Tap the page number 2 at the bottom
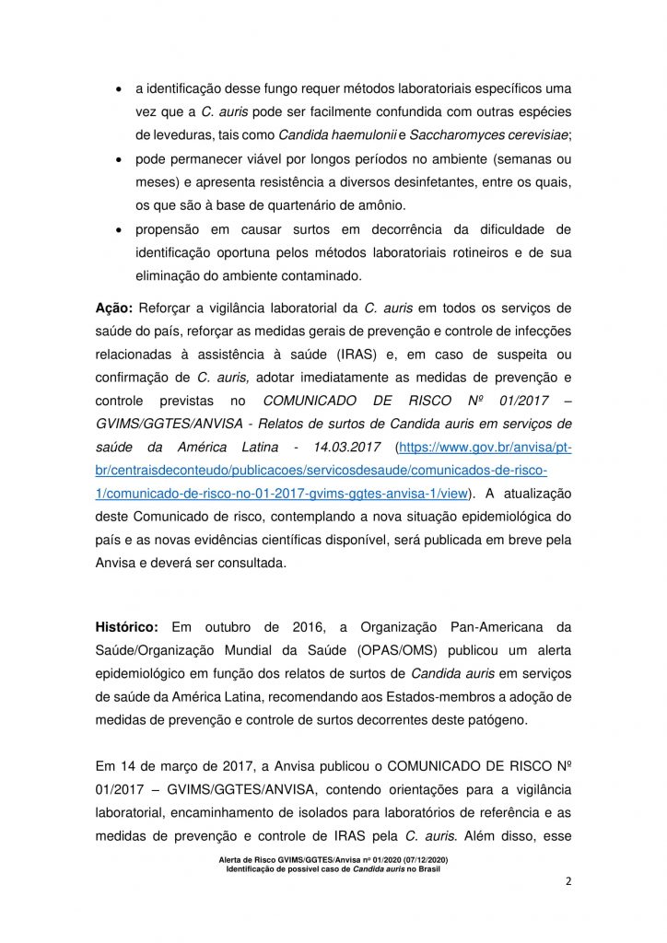[568, 880]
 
